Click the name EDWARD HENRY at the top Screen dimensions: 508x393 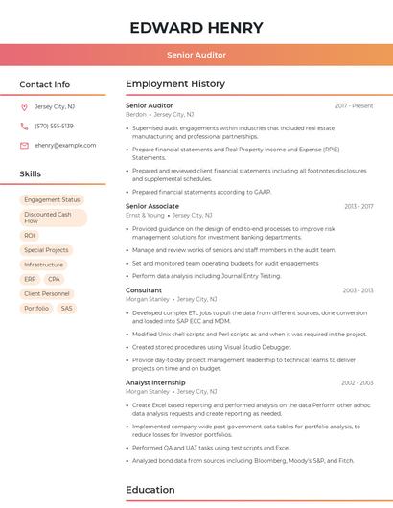(x=196, y=27)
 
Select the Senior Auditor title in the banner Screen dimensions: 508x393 (x=196, y=55)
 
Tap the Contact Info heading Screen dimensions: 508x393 (x=44, y=84)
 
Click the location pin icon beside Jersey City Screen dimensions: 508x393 (x=24, y=106)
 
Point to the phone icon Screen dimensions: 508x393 (x=24, y=126)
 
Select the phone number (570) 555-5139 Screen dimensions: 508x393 (x=54, y=126)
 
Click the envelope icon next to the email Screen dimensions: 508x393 (x=24, y=145)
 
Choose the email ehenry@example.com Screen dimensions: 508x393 (x=65, y=145)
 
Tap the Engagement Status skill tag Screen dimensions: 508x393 (x=52, y=199)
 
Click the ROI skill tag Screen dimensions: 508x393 (x=30, y=235)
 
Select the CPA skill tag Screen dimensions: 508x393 (x=55, y=279)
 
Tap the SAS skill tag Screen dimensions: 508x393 (x=66, y=308)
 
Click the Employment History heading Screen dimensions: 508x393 (x=175, y=84)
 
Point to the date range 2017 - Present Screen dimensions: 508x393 (x=354, y=105)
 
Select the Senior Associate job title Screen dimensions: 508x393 (x=152, y=206)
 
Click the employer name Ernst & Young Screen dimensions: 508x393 (x=145, y=216)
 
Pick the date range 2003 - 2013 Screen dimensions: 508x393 (x=358, y=289)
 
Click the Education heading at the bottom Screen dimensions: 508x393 (x=150, y=490)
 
